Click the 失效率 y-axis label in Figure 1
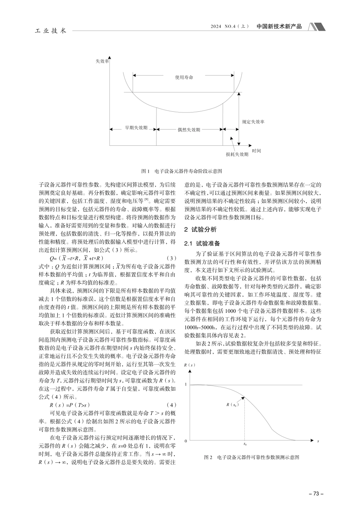[102, 61]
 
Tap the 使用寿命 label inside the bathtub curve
[184, 77]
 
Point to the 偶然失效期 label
[189, 130]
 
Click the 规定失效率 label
[254, 122]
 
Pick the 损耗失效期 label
[237, 154]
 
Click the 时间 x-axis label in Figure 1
[256, 151]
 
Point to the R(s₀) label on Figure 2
[232, 405]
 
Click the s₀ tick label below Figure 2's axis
[245, 443]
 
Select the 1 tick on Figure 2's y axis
[186, 384]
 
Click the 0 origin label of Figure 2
[186, 441]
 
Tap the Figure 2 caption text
[252, 457]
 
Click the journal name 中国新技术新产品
[279, 27]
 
